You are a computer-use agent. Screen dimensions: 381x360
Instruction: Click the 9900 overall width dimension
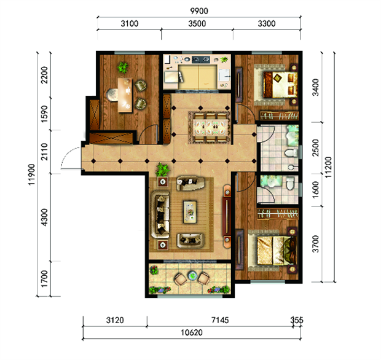click(x=199, y=11)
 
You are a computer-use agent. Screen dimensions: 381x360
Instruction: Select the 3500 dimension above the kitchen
click(x=197, y=23)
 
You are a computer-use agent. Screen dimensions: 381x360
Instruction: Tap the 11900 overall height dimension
click(x=32, y=174)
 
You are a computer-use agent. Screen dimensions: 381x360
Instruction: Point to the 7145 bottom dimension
click(x=220, y=320)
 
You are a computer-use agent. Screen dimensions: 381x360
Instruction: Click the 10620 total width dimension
click(x=192, y=332)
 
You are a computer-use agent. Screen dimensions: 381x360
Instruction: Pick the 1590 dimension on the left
click(x=44, y=114)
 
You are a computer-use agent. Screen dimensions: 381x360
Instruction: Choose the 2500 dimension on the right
click(x=315, y=147)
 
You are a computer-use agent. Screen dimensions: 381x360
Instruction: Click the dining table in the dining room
click(x=210, y=127)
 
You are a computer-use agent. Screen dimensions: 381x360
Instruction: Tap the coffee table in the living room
click(x=190, y=212)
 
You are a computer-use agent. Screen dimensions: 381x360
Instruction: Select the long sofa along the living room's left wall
click(x=160, y=214)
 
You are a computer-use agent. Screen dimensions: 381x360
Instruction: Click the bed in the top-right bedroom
click(x=280, y=85)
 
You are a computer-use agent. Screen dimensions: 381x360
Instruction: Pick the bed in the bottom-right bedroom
click(x=277, y=251)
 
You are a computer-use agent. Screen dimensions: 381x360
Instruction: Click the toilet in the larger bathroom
click(x=291, y=153)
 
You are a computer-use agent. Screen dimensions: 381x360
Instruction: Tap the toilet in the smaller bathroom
click(x=290, y=184)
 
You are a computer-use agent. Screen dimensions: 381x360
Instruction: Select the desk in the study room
click(x=125, y=95)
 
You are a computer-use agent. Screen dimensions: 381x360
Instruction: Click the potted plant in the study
click(x=122, y=68)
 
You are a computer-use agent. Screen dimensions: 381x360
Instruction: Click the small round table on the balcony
click(x=192, y=275)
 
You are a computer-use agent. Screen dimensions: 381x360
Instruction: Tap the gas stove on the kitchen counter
click(x=201, y=59)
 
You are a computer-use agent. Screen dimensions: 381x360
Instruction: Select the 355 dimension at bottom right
click(x=297, y=320)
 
